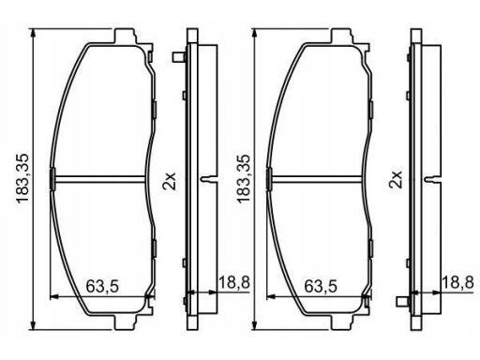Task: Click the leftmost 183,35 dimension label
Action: (22, 179)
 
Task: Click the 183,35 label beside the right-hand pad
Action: (244, 179)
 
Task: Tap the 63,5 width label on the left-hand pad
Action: (102, 286)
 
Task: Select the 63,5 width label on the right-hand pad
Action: (321, 286)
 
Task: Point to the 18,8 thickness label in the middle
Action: (234, 283)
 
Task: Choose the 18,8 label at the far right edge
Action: (458, 283)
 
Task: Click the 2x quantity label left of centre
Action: (170, 181)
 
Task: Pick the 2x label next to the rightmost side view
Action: (395, 179)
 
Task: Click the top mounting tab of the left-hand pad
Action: (126, 37)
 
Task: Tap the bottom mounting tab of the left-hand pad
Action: (126, 322)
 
